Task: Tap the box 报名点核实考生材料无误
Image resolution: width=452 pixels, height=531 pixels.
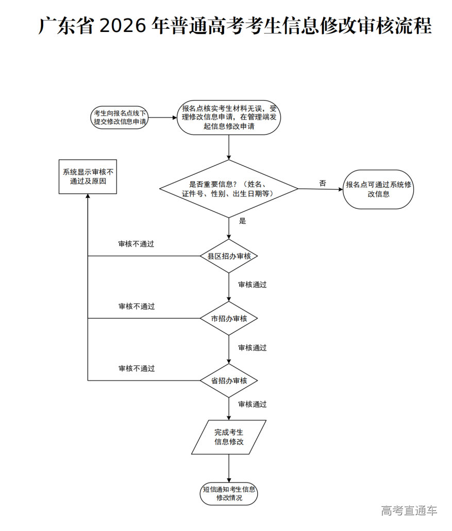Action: coord(229,118)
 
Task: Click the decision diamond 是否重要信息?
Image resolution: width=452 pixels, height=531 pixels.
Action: coord(229,189)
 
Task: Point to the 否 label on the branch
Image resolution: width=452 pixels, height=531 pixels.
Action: coord(323,183)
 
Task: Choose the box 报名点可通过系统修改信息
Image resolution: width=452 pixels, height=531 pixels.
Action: coord(379,189)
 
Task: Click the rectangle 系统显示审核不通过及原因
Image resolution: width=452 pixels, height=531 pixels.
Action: coord(88,177)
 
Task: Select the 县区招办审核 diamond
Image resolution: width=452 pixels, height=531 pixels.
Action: coord(229,256)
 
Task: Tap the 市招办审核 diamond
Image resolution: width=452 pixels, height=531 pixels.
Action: coord(229,319)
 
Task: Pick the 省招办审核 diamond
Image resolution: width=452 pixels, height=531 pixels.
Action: coord(229,380)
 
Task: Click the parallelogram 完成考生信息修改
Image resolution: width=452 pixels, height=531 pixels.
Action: coord(229,437)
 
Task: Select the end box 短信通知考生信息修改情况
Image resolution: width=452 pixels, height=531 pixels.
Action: coord(229,494)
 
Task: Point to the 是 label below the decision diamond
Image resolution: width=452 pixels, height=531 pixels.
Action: coord(243,221)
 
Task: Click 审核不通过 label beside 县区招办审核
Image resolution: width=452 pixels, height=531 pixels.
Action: coord(137,244)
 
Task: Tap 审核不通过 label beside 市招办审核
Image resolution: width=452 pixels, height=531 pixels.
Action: coord(137,306)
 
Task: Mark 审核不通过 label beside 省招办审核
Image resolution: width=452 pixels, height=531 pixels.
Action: coord(137,369)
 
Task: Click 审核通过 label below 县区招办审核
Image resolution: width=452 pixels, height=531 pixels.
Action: coord(253,285)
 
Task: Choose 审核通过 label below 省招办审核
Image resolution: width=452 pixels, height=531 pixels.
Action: coord(253,405)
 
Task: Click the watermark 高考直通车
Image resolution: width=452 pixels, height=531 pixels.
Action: coord(409,511)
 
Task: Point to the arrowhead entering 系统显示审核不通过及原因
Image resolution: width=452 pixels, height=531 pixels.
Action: coord(88,197)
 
